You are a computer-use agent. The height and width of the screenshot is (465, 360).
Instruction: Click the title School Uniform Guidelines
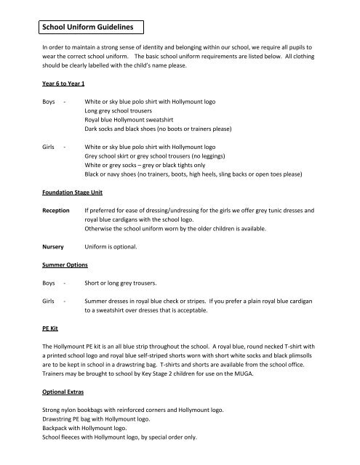[87, 28]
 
